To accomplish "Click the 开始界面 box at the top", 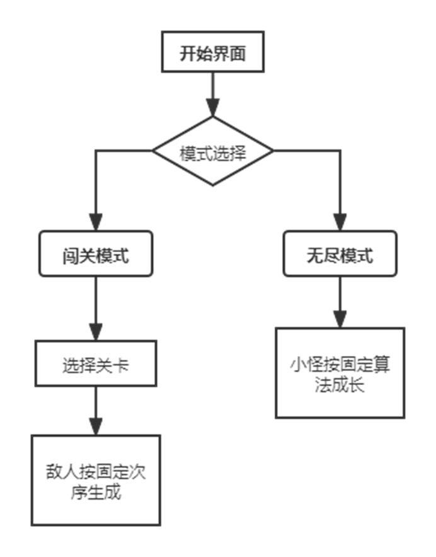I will coord(212,54).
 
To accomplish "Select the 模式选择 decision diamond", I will coord(212,152).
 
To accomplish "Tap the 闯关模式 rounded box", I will coord(96,253).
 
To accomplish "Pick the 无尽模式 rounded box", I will coord(340,253).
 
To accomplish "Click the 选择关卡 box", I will coord(95,364).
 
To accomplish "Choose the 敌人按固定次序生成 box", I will coord(96,479).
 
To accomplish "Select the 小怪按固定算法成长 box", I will coord(340,372).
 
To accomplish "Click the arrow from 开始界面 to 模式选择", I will coord(212,95).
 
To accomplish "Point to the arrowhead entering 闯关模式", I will coord(95,221).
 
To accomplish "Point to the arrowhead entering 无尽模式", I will coord(340,221).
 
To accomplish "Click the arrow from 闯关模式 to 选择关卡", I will coord(95,309).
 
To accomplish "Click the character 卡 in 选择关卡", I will coord(122,365).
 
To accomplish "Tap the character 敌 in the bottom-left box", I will coord(54,472).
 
